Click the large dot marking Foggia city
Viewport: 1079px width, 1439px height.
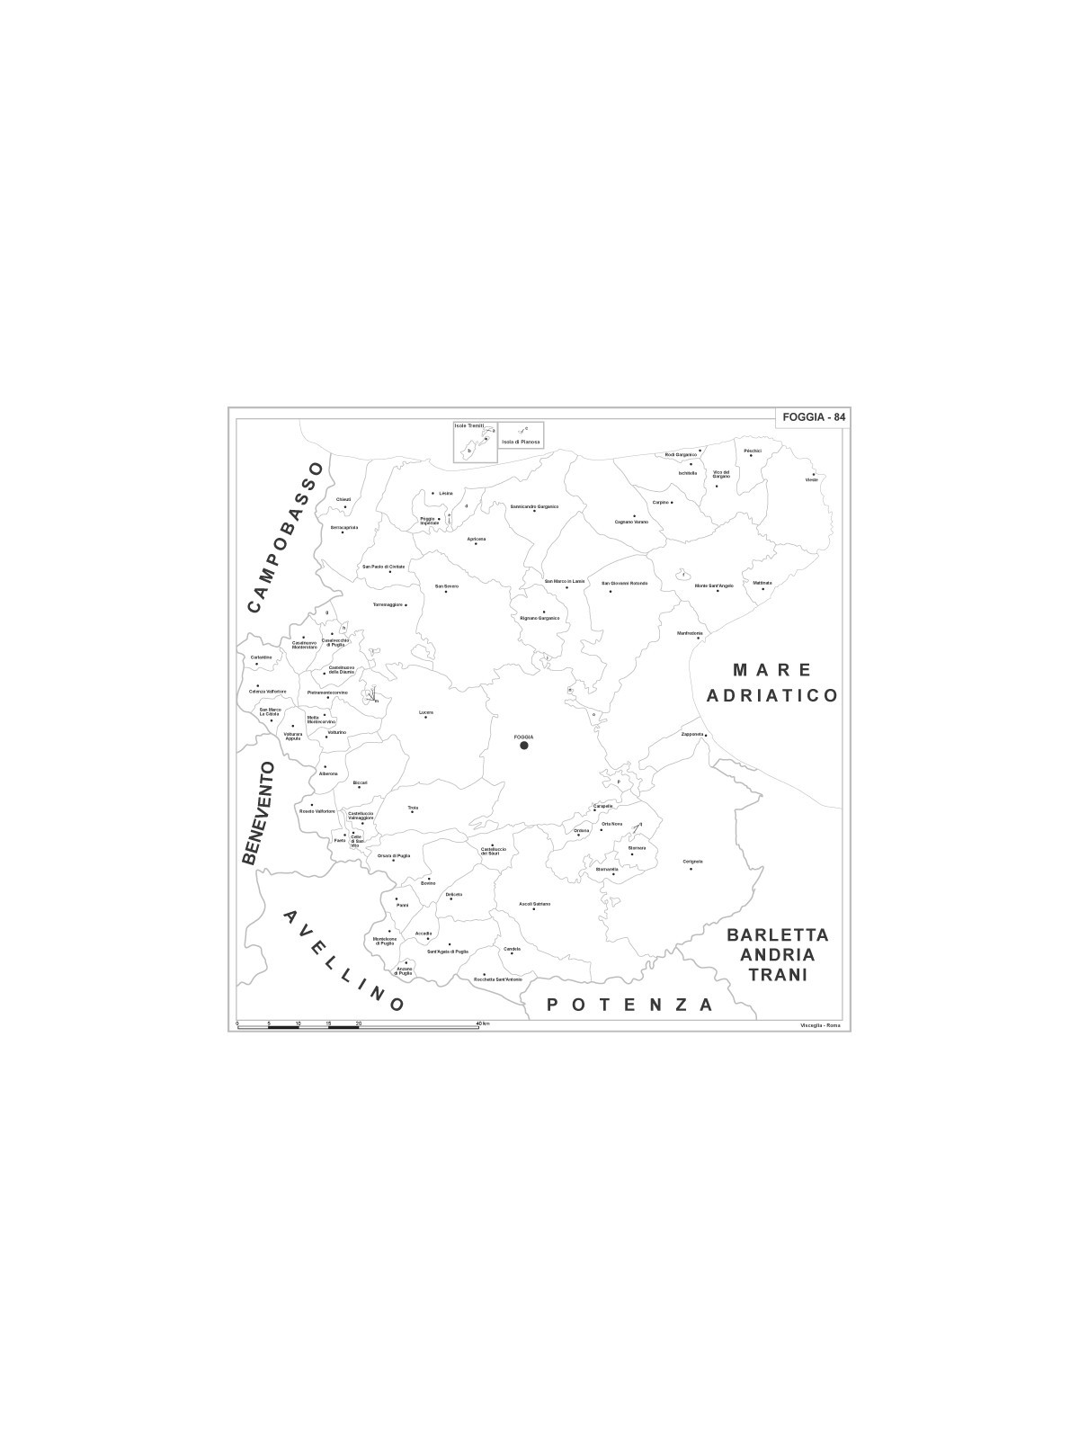point(524,745)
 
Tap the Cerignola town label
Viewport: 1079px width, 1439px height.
point(692,861)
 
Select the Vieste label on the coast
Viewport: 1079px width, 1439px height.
point(811,479)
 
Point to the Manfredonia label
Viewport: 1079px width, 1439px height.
point(690,632)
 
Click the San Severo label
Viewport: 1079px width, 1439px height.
point(447,585)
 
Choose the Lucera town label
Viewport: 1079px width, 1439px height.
point(426,712)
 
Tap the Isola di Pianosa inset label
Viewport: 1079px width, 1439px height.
point(522,442)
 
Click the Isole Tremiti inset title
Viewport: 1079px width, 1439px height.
point(469,425)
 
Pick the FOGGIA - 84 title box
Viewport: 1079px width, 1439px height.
point(814,416)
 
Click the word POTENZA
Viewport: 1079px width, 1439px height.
point(630,1005)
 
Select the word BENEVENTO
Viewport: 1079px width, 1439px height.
point(258,813)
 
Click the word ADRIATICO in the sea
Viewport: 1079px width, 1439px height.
point(772,695)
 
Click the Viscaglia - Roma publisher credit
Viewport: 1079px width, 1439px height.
point(818,1026)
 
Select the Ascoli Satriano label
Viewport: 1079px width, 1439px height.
point(534,903)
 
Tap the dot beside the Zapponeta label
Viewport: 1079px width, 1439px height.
point(707,735)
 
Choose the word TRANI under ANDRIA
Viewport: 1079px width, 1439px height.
point(778,975)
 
